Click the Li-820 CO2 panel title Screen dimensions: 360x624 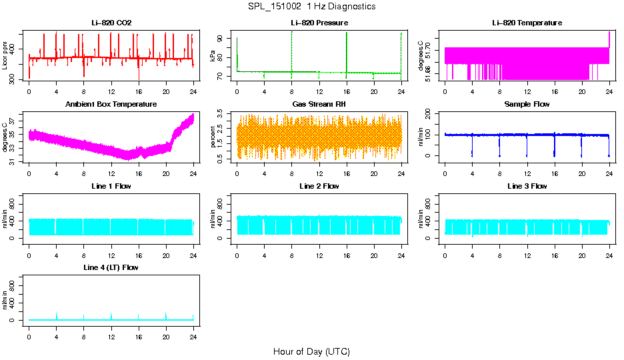111,23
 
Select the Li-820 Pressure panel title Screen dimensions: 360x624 319,23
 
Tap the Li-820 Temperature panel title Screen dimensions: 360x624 527,23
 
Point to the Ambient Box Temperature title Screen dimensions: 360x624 111,104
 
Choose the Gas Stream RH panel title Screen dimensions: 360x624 319,104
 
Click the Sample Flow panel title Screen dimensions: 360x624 527,104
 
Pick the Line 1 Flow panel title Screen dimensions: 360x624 111,186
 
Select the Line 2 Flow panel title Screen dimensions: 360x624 319,186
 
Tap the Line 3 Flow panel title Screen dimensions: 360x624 527,186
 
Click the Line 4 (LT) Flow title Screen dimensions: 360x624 111,267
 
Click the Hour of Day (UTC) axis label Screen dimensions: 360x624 311,351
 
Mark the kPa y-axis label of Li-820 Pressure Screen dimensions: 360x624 213,56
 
